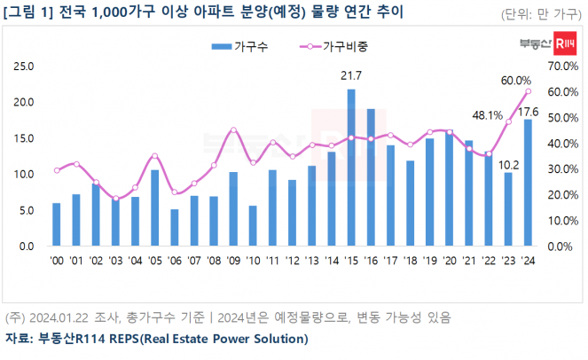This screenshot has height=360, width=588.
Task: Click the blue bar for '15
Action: click(351, 168)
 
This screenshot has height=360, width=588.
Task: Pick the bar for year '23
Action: click(508, 209)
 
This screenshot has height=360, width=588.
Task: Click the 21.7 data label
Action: click(351, 77)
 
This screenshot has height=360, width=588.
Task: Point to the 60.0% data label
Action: click(516, 81)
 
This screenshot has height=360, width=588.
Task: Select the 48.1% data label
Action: click(487, 114)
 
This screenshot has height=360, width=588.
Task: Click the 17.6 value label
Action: click(529, 111)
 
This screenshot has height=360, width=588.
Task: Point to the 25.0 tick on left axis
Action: click(25, 66)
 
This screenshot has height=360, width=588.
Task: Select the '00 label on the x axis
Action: click(56, 260)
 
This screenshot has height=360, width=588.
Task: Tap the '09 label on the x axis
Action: click(233, 260)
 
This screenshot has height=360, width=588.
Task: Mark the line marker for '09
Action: click(233, 129)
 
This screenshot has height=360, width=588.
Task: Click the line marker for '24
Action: click(529, 91)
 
